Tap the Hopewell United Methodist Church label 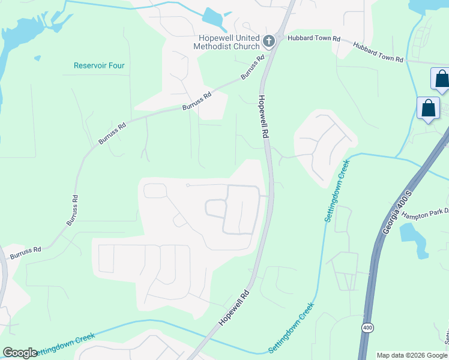(226, 41)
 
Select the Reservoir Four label (99, 65)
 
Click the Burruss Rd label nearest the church (253, 68)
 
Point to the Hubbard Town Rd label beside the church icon (314, 38)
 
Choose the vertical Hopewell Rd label (263, 117)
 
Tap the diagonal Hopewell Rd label (234, 309)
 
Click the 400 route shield (366, 327)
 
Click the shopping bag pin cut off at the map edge (441, 80)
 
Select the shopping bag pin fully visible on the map (429, 109)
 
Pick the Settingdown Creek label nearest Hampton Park (337, 191)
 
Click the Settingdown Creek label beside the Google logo (66, 344)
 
